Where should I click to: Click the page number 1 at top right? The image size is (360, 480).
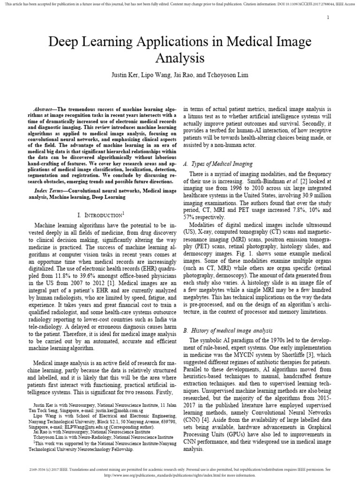pyautogui.click(x=328, y=17)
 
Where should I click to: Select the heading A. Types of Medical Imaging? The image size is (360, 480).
pyautogui.click(x=218, y=164)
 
